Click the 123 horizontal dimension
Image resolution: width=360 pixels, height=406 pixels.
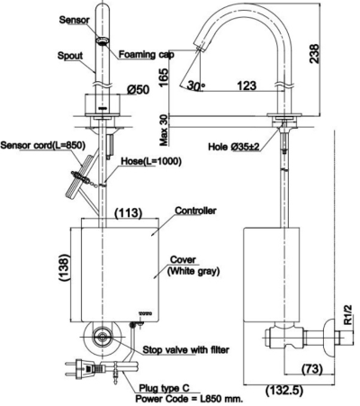[x=246, y=86]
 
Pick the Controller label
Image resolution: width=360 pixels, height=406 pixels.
[x=197, y=212]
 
